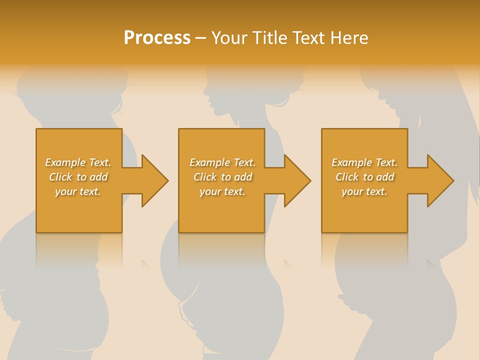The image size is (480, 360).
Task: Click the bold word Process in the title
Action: [157, 38]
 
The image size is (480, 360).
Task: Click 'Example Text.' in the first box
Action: [78, 162]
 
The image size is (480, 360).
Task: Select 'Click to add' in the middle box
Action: [222, 177]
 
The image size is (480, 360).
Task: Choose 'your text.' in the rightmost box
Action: [364, 191]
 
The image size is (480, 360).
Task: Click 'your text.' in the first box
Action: [78, 191]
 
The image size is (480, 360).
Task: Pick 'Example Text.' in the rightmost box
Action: [364, 162]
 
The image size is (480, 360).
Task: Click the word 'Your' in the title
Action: [228, 38]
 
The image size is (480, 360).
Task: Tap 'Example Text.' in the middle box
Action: [222, 162]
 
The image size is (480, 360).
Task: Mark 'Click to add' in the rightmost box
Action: [364, 177]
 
